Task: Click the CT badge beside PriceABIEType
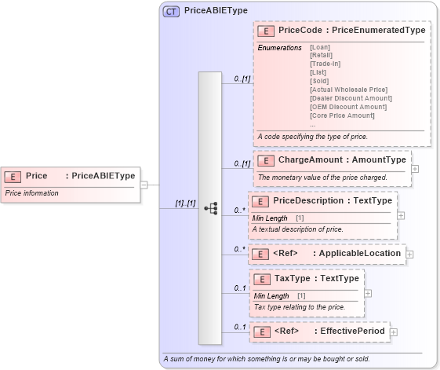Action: click(x=170, y=12)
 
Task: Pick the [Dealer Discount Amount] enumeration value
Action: click(x=351, y=98)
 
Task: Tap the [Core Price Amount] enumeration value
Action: click(x=342, y=115)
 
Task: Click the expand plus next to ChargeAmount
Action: click(x=415, y=168)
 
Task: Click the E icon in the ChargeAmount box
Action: click(x=265, y=160)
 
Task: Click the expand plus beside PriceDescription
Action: click(x=401, y=214)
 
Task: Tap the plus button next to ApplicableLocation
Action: click(x=409, y=254)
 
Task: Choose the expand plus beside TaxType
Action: click(x=369, y=293)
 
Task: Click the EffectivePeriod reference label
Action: click(x=350, y=332)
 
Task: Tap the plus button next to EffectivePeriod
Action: click(x=394, y=332)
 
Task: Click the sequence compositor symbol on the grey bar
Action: click(x=210, y=208)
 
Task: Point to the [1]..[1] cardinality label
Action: click(x=184, y=204)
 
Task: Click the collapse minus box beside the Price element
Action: click(x=144, y=185)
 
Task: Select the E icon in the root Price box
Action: click(x=13, y=177)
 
